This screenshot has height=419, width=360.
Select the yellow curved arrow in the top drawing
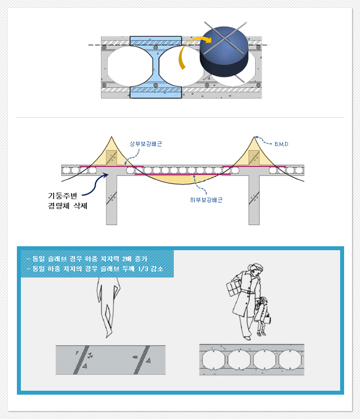(x=188, y=55)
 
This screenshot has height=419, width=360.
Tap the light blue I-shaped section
(x=156, y=67)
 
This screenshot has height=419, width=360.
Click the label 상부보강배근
(x=145, y=144)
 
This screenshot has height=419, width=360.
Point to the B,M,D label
(x=281, y=144)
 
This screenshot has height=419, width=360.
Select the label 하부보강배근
(x=206, y=200)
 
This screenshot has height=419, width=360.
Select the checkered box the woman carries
(x=232, y=287)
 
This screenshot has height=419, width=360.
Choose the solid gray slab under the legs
(x=111, y=360)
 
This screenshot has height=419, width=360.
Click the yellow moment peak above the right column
(x=255, y=154)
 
